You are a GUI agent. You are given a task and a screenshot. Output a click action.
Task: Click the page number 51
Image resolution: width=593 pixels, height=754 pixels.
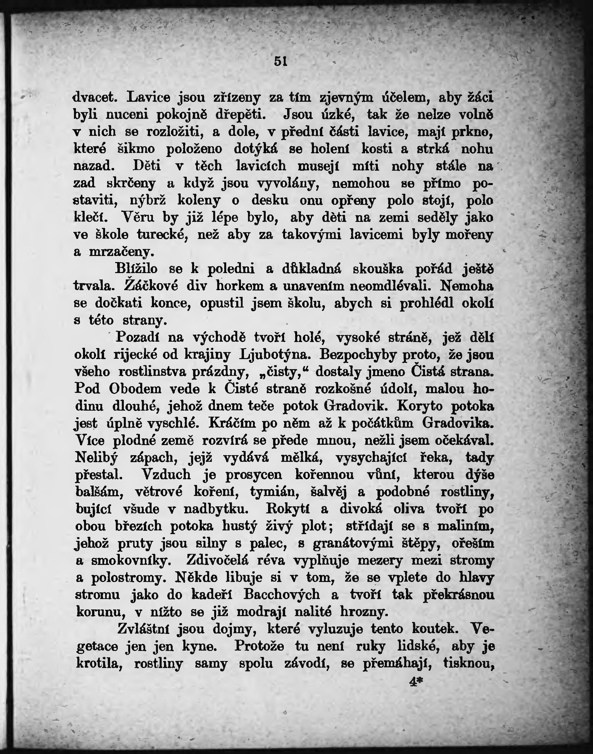click(x=280, y=62)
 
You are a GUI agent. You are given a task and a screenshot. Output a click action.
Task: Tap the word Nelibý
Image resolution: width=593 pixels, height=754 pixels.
click(x=96, y=457)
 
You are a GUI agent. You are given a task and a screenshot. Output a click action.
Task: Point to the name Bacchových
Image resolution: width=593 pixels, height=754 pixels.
click(x=281, y=595)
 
